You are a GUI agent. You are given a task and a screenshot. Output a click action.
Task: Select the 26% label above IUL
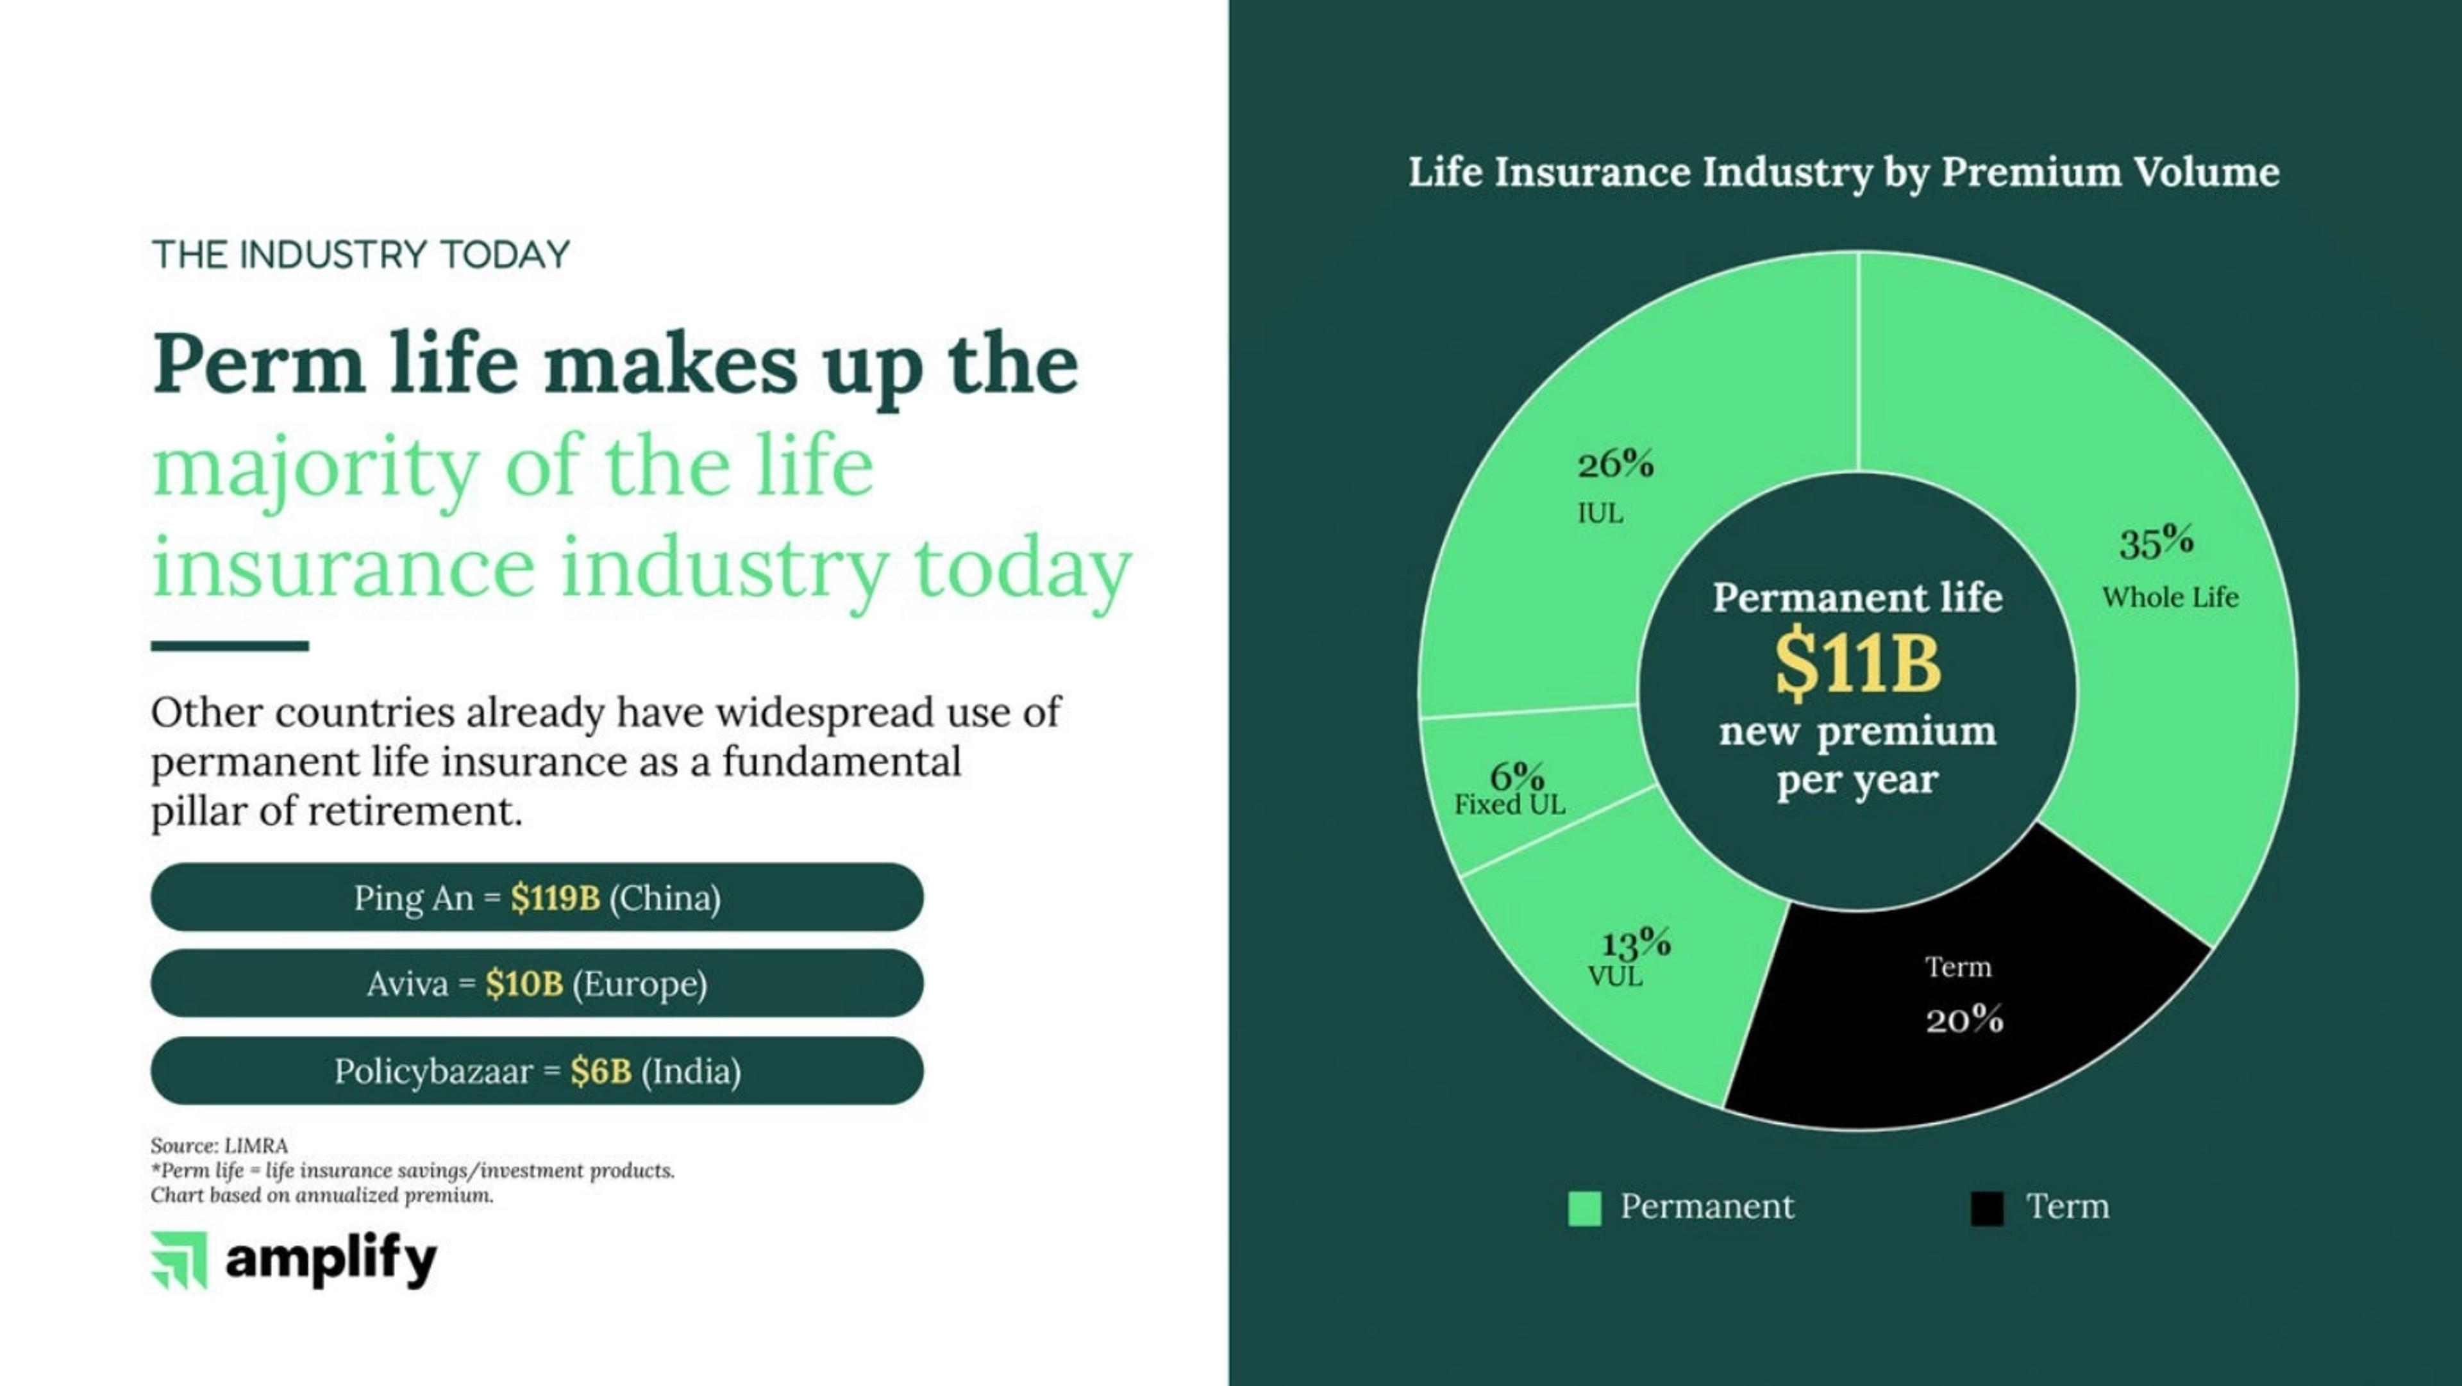pyautogui.click(x=1615, y=465)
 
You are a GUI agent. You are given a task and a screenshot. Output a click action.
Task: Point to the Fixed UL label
pyautogui.click(x=1510, y=804)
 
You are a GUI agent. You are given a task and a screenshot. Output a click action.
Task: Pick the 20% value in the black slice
pyautogui.click(x=1964, y=1020)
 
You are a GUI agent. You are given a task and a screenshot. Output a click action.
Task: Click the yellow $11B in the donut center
pyautogui.click(x=1858, y=662)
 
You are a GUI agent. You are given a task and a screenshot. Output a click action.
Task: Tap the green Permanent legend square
pyautogui.click(x=1585, y=1208)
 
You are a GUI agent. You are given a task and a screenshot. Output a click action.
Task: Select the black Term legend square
pyautogui.click(x=1987, y=1208)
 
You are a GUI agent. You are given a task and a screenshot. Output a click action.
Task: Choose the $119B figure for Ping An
pyautogui.click(x=555, y=898)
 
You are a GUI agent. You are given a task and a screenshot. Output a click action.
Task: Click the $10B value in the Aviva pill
pyautogui.click(x=524, y=983)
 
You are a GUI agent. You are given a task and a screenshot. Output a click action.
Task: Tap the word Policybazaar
pyautogui.click(x=434, y=1071)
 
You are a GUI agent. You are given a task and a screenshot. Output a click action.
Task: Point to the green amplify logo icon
pyautogui.click(x=179, y=1260)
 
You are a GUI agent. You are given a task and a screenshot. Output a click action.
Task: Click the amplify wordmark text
pyautogui.click(x=331, y=1262)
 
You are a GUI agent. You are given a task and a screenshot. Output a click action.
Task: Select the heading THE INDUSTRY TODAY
pyautogui.click(x=360, y=255)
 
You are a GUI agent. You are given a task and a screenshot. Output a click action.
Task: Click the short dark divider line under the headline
pyautogui.click(x=230, y=646)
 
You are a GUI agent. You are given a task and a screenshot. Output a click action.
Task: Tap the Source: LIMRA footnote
pyautogui.click(x=219, y=1145)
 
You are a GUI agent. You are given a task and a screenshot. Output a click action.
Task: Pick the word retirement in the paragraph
pyautogui.click(x=415, y=812)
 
